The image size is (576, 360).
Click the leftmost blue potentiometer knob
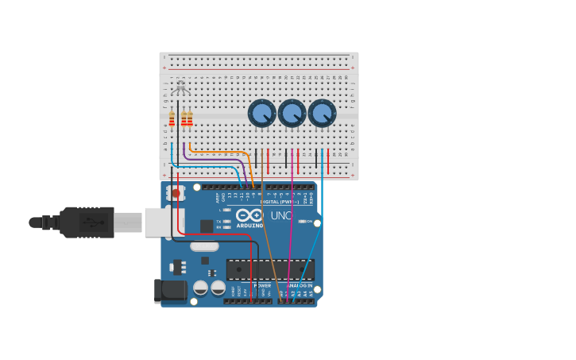261,113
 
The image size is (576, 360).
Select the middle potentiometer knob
292,113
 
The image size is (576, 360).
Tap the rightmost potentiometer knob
322,113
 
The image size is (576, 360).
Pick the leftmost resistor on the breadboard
172,119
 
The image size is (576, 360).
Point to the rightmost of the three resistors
190,119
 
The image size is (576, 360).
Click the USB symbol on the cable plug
93,223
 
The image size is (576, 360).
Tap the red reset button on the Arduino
176,192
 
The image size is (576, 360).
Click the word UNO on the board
282,215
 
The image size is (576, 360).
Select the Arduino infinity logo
249,215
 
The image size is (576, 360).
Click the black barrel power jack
170,291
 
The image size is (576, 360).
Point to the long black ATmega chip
270,269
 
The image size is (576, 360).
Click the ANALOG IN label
300,285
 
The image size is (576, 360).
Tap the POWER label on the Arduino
262,285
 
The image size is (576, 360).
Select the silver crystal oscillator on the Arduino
204,246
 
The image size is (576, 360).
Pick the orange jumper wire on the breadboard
222,151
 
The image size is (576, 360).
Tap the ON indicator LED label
309,221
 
